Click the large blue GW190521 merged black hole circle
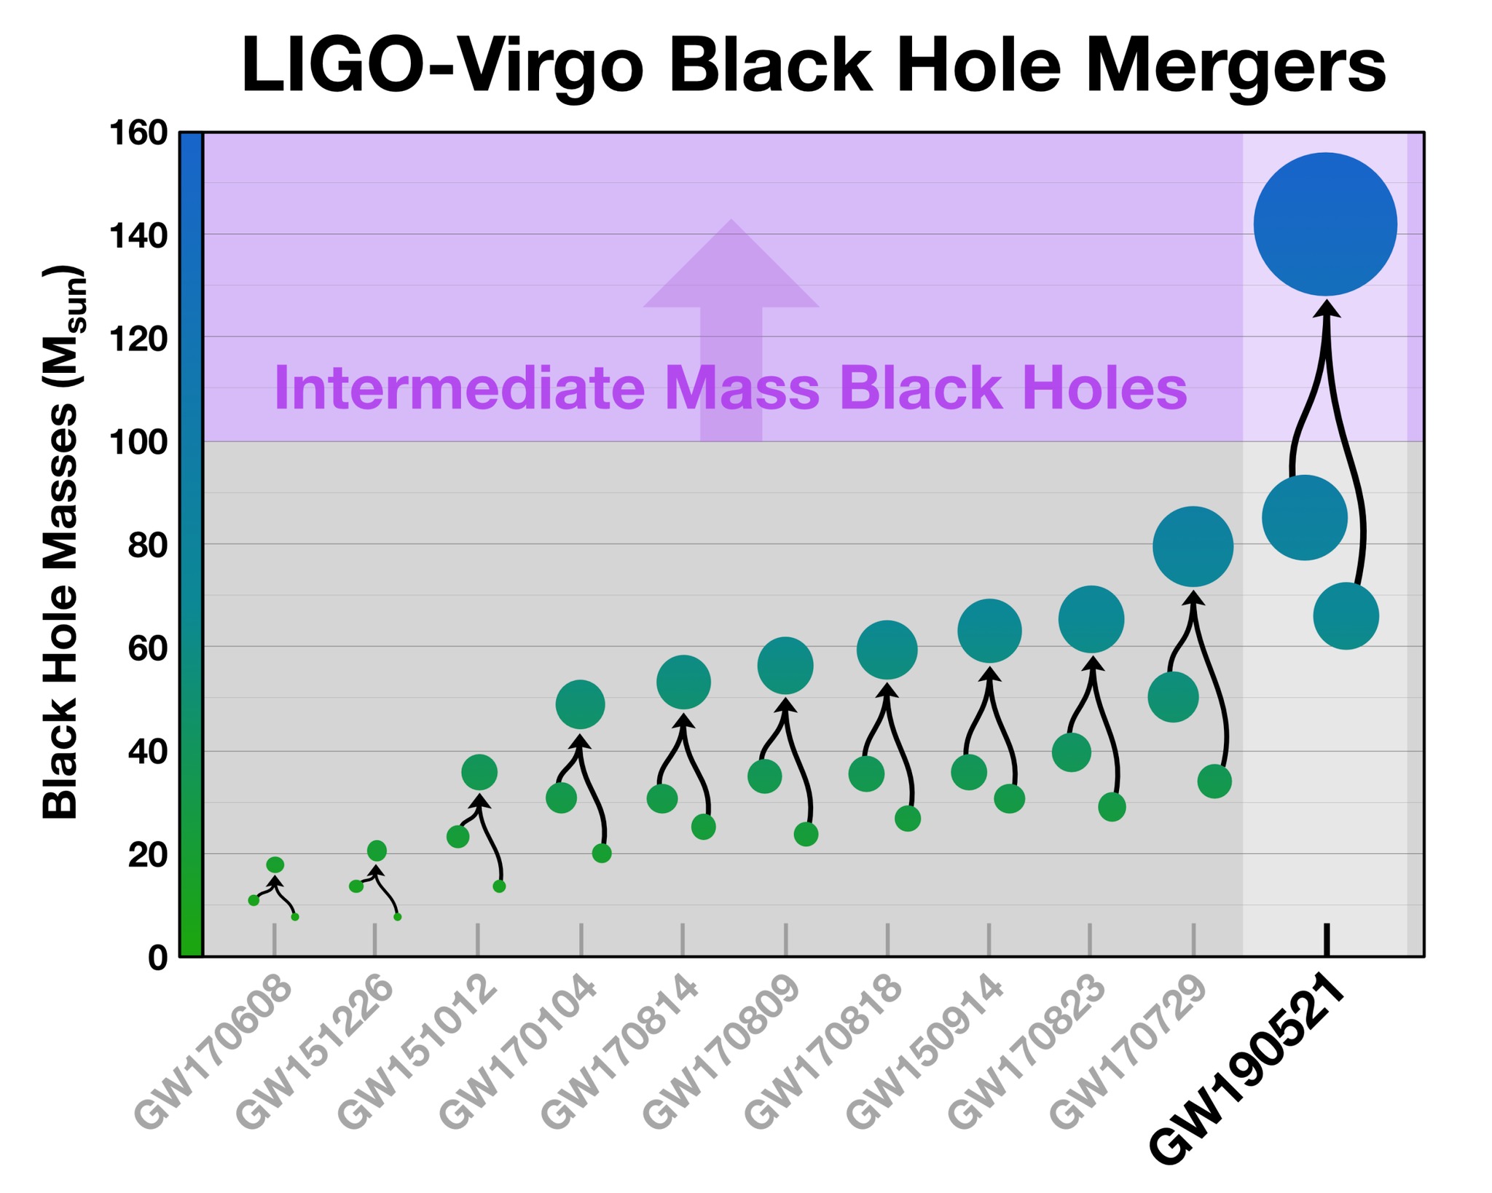tap(1325, 224)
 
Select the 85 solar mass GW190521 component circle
tap(1304, 517)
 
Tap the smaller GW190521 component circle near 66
tap(1346, 616)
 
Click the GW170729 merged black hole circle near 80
tap(1193, 546)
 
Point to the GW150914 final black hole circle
tap(989, 631)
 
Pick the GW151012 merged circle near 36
tap(479, 772)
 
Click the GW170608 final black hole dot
tap(275, 865)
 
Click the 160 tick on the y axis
tap(138, 134)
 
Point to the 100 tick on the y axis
tap(138, 442)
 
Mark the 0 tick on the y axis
tap(157, 958)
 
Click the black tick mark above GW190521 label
tap(1327, 940)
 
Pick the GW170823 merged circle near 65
tap(1091, 619)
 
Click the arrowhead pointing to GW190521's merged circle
tap(1327, 309)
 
